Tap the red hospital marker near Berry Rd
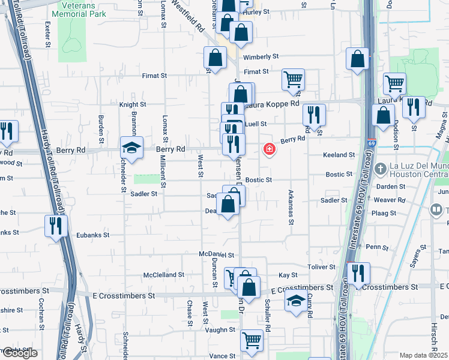point(270,149)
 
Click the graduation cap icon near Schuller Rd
point(295,302)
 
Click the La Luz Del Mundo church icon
point(379,169)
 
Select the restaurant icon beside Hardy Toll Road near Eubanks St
point(55,226)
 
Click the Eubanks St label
point(92,236)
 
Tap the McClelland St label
point(164,275)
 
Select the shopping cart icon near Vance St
point(252,340)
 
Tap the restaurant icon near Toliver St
point(358,273)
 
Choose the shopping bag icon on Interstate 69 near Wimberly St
point(357,59)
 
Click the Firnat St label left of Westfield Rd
point(154,76)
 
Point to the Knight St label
point(133,104)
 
